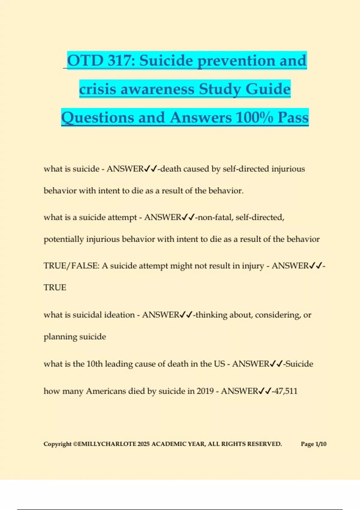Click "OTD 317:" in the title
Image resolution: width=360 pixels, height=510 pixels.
tap(100, 61)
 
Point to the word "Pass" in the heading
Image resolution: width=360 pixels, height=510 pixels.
tap(293, 117)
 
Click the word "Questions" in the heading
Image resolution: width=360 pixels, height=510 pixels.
tap(98, 117)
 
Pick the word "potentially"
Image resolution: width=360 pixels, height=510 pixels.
tap(64, 239)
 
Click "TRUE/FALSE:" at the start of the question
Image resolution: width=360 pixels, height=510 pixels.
tap(71, 266)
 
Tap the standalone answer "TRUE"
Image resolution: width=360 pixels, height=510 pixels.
tap(55, 287)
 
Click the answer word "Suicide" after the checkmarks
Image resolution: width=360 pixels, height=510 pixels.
tap(299, 364)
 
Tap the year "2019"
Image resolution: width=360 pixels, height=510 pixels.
tap(205, 391)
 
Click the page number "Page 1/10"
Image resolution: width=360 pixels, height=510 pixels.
tap(313, 444)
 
